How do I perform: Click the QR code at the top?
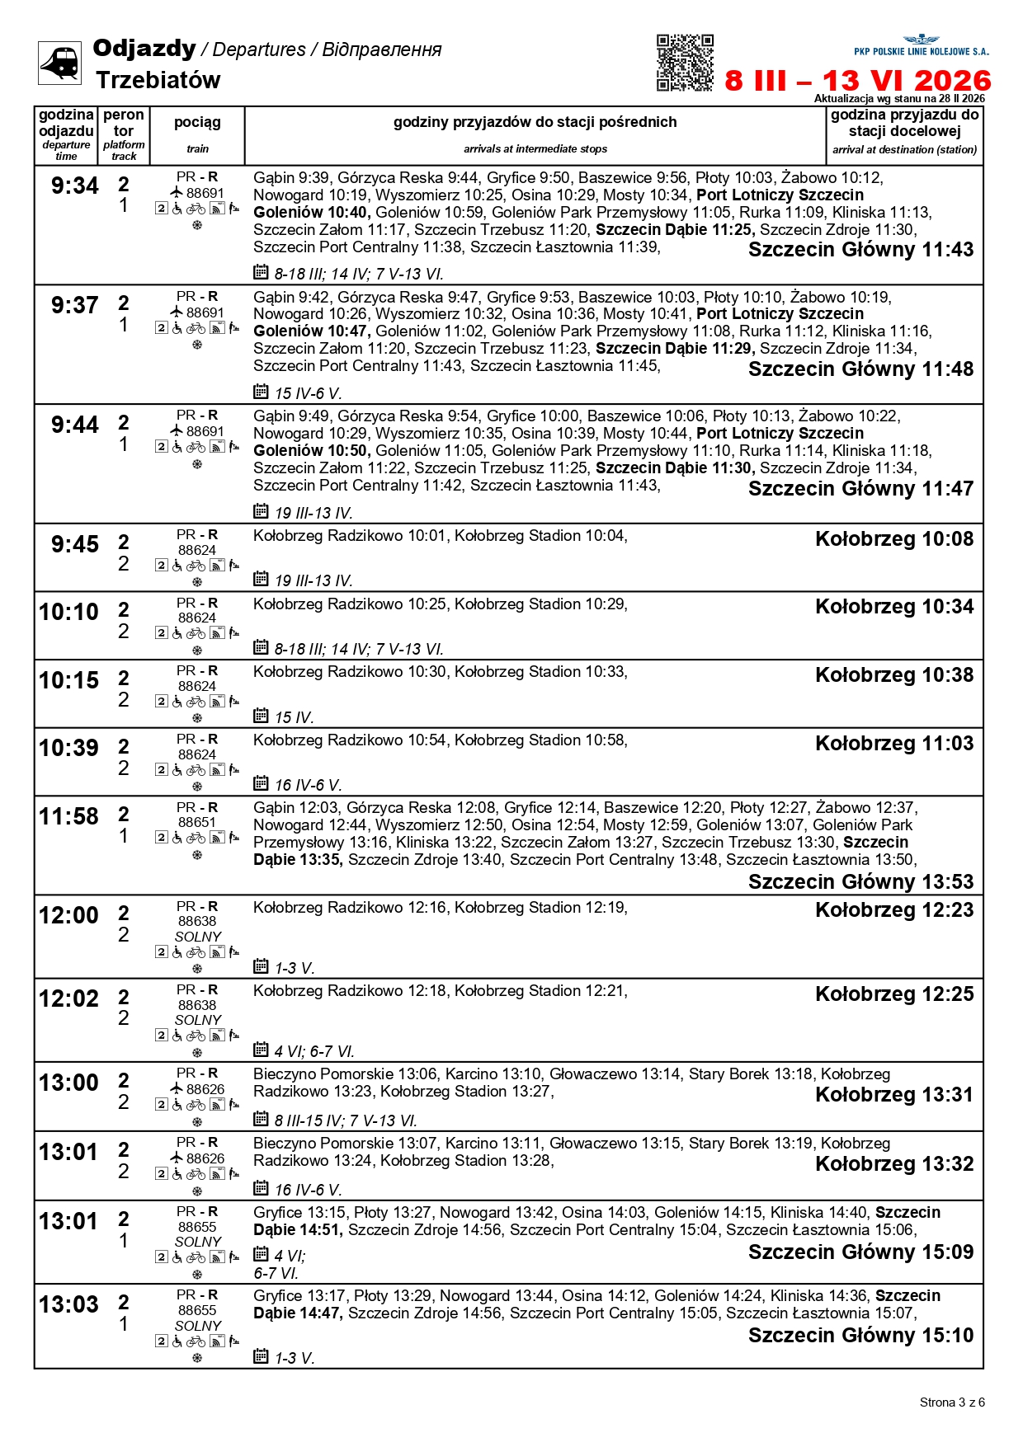(685, 63)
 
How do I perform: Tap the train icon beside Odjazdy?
(60, 63)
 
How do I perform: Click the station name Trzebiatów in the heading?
(158, 80)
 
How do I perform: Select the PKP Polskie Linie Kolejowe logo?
(921, 45)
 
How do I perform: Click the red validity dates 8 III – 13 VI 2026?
(857, 81)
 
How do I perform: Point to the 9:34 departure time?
(74, 186)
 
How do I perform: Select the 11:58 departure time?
(68, 817)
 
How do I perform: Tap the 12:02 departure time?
(68, 999)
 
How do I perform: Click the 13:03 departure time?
(68, 1305)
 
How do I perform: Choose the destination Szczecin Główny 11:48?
(860, 369)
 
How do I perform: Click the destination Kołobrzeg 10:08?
(894, 539)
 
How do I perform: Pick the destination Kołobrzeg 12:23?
(894, 910)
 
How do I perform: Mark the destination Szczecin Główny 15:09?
(860, 1252)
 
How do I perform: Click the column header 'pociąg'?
(197, 123)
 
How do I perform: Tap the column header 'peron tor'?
(124, 123)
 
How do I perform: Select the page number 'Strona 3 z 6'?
(952, 1402)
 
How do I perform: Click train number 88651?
(197, 823)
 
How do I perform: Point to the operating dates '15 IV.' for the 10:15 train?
(294, 718)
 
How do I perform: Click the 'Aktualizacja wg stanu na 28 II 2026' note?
(899, 99)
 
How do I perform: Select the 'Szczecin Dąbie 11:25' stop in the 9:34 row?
(674, 230)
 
